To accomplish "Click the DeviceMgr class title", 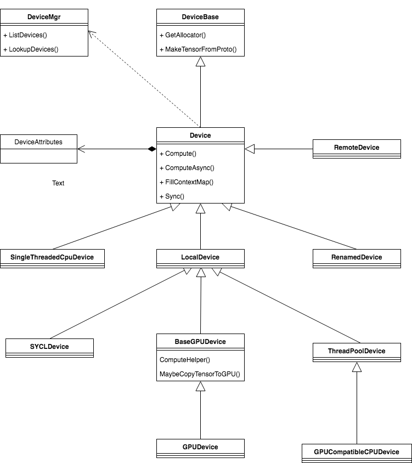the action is coord(44,17).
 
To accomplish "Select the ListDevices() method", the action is coord(25,35).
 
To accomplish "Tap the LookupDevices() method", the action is coord(31,49).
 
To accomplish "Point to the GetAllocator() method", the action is coord(183,35).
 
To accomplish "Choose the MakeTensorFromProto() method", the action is coord(198,49).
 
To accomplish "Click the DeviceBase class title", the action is coord(200,17).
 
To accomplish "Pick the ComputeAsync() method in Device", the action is coord(187,168).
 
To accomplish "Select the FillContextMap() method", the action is coord(187,182).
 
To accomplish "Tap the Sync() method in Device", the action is coord(172,196).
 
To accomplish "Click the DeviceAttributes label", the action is coord(38,142).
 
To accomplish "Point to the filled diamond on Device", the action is coord(152,149).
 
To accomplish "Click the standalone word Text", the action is coord(58,183).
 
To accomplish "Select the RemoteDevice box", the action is coord(357,149).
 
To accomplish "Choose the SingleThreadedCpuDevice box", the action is coord(52,259).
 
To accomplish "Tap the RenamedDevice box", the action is coord(357,259).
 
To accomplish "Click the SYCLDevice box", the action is coord(49,348).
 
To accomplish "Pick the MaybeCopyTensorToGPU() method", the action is coord(200,374).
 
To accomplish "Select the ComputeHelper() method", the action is coord(184,360).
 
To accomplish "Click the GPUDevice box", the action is coord(200,448).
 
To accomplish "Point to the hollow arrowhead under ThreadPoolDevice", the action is coord(357,367).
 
